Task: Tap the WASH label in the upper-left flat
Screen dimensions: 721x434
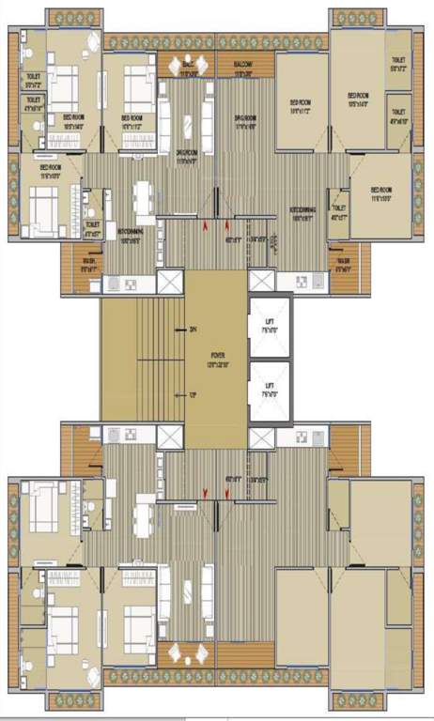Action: [x=89, y=264]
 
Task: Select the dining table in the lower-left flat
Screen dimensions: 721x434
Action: [x=143, y=518]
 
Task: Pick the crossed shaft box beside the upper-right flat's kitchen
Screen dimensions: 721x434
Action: [x=263, y=281]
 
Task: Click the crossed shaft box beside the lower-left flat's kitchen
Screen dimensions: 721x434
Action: [x=169, y=437]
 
